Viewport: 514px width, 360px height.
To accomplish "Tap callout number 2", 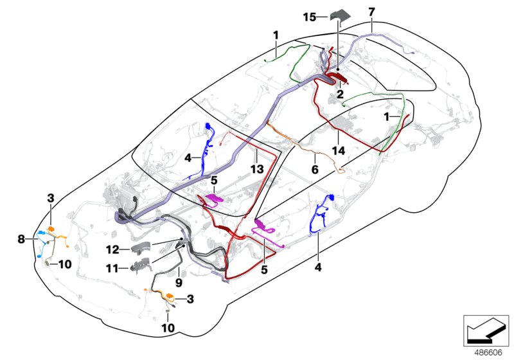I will pos(339,94).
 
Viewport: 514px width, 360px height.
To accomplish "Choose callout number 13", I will pos(256,169).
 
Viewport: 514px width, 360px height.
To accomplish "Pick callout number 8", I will pos(22,239).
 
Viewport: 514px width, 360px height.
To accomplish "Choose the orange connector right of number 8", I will pos(53,229).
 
